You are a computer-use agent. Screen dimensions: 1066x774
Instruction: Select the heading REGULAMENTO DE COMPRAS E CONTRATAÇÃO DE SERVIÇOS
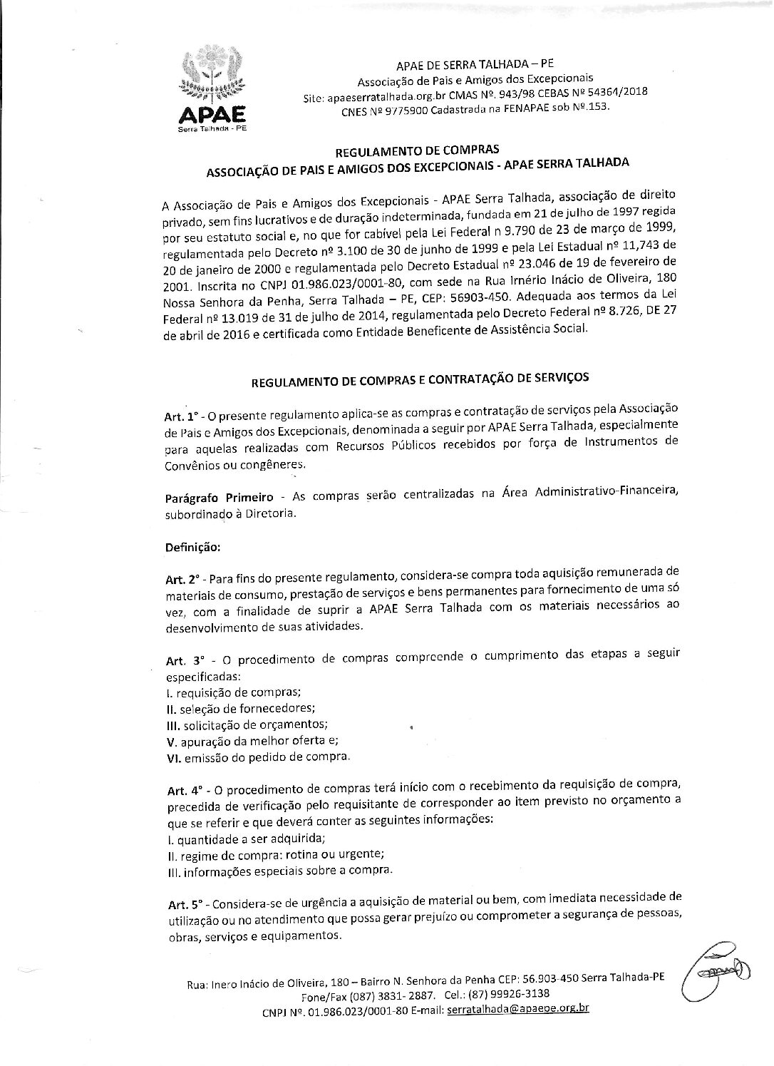coord(420,380)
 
